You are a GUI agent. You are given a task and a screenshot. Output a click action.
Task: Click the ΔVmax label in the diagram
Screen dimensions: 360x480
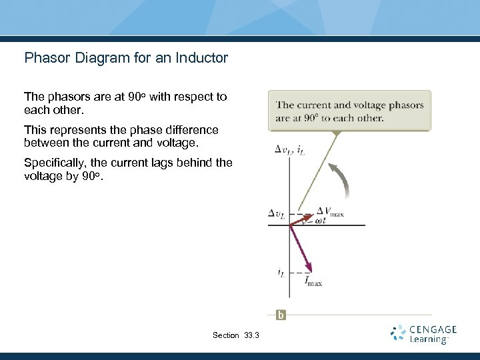(329, 212)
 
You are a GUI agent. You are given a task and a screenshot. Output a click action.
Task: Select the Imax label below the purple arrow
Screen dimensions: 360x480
(313, 282)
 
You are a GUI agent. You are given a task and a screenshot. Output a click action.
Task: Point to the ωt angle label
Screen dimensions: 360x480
(321, 220)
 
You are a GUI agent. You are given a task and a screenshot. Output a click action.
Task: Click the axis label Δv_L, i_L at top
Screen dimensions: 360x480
(291, 150)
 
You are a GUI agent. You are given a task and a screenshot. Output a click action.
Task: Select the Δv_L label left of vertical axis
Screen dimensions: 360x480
(276, 213)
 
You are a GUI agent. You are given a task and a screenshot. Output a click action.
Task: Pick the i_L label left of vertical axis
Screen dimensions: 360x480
(281, 272)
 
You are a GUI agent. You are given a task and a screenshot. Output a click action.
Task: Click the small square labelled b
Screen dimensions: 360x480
(281, 315)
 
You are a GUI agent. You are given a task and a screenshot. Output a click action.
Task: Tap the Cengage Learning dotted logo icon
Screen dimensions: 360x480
(398, 333)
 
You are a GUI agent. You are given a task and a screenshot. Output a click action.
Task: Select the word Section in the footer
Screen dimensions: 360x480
(225, 335)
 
